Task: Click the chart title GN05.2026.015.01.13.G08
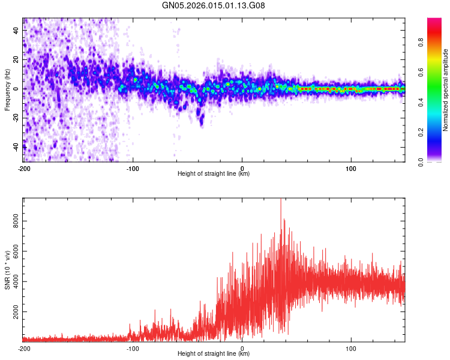coord(214,5)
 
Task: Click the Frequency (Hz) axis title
coord(7,89)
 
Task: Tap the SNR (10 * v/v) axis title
coord(7,269)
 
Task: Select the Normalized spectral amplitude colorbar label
coord(446,90)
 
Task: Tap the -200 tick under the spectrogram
coord(24,168)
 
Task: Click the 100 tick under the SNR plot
coord(351,348)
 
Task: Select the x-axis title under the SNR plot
coord(214,354)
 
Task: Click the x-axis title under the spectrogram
coord(214,174)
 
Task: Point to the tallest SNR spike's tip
coord(280,199)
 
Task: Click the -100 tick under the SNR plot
coord(133,348)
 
